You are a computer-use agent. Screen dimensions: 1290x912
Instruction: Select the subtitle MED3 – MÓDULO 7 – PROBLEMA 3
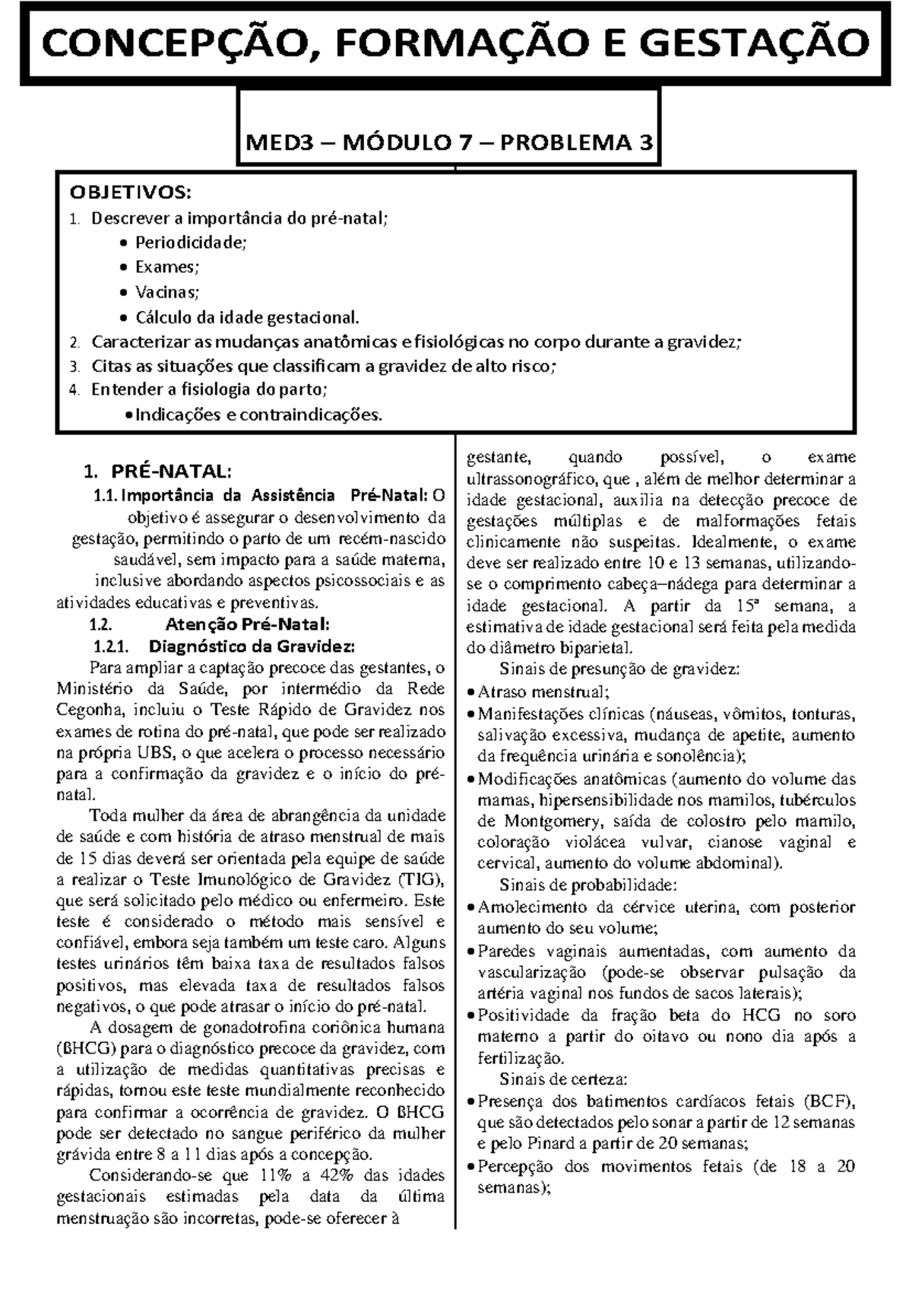[448, 142]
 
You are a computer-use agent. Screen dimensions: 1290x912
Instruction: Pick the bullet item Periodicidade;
[190, 243]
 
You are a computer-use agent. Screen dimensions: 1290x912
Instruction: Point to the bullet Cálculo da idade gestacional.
[245, 316]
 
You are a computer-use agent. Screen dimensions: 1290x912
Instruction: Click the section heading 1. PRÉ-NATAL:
[155, 471]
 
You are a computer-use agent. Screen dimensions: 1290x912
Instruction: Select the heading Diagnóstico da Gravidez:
[252, 647]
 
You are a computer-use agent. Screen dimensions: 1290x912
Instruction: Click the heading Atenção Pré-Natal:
[247, 625]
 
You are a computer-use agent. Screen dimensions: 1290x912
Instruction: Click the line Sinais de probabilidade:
[587, 885]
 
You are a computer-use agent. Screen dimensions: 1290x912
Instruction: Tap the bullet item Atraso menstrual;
[543, 693]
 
